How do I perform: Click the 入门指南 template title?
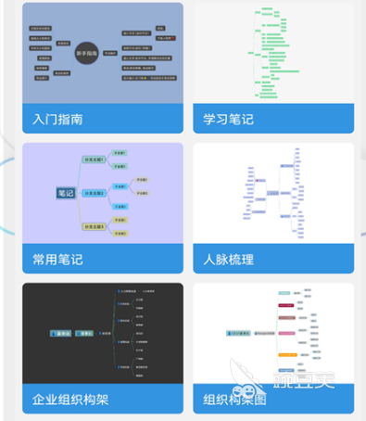click(57, 119)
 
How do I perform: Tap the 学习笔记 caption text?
click(229, 119)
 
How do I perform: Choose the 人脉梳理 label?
click(229, 260)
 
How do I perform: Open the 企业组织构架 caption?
click(70, 400)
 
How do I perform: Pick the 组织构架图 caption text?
click(235, 400)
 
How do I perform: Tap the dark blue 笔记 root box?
click(66, 193)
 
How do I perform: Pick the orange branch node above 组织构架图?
click(287, 353)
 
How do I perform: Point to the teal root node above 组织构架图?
click(244, 331)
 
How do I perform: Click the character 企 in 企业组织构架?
click(38, 400)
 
